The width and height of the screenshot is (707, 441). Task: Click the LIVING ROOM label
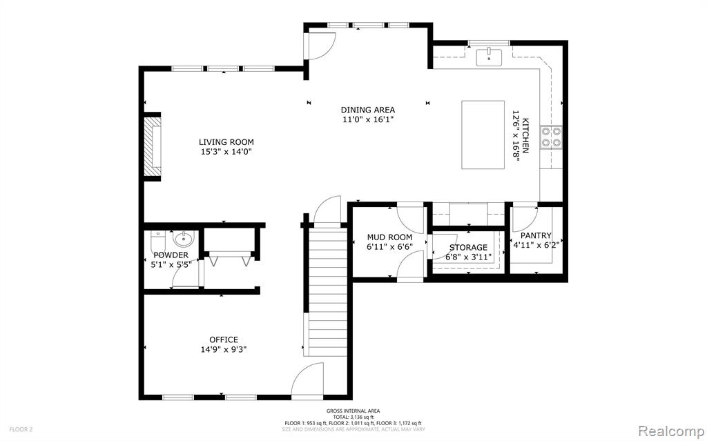[x=226, y=142]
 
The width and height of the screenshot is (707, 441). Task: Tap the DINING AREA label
[x=367, y=110]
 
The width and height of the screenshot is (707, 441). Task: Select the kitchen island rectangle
[x=483, y=135]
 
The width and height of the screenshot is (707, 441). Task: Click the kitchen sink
[x=489, y=57]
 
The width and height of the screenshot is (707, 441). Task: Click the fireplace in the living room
[x=153, y=146]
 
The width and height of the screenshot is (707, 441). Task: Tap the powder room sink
[x=184, y=239]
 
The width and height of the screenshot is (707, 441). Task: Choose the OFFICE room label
[x=224, y=340]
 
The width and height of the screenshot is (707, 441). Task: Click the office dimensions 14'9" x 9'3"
[x=224, y=349]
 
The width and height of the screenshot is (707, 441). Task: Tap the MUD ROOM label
[x=389, y=237]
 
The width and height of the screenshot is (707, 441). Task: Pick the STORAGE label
[x=468, y=248]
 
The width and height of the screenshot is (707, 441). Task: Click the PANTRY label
[x=536, y=235]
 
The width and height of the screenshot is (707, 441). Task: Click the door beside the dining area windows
[x=320, y=46]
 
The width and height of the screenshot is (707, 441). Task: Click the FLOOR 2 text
[x=21, y=429]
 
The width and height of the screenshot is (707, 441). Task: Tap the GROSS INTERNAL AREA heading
[x=353, y=411]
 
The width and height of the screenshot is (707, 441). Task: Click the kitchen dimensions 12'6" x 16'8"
[x=520, y=135]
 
